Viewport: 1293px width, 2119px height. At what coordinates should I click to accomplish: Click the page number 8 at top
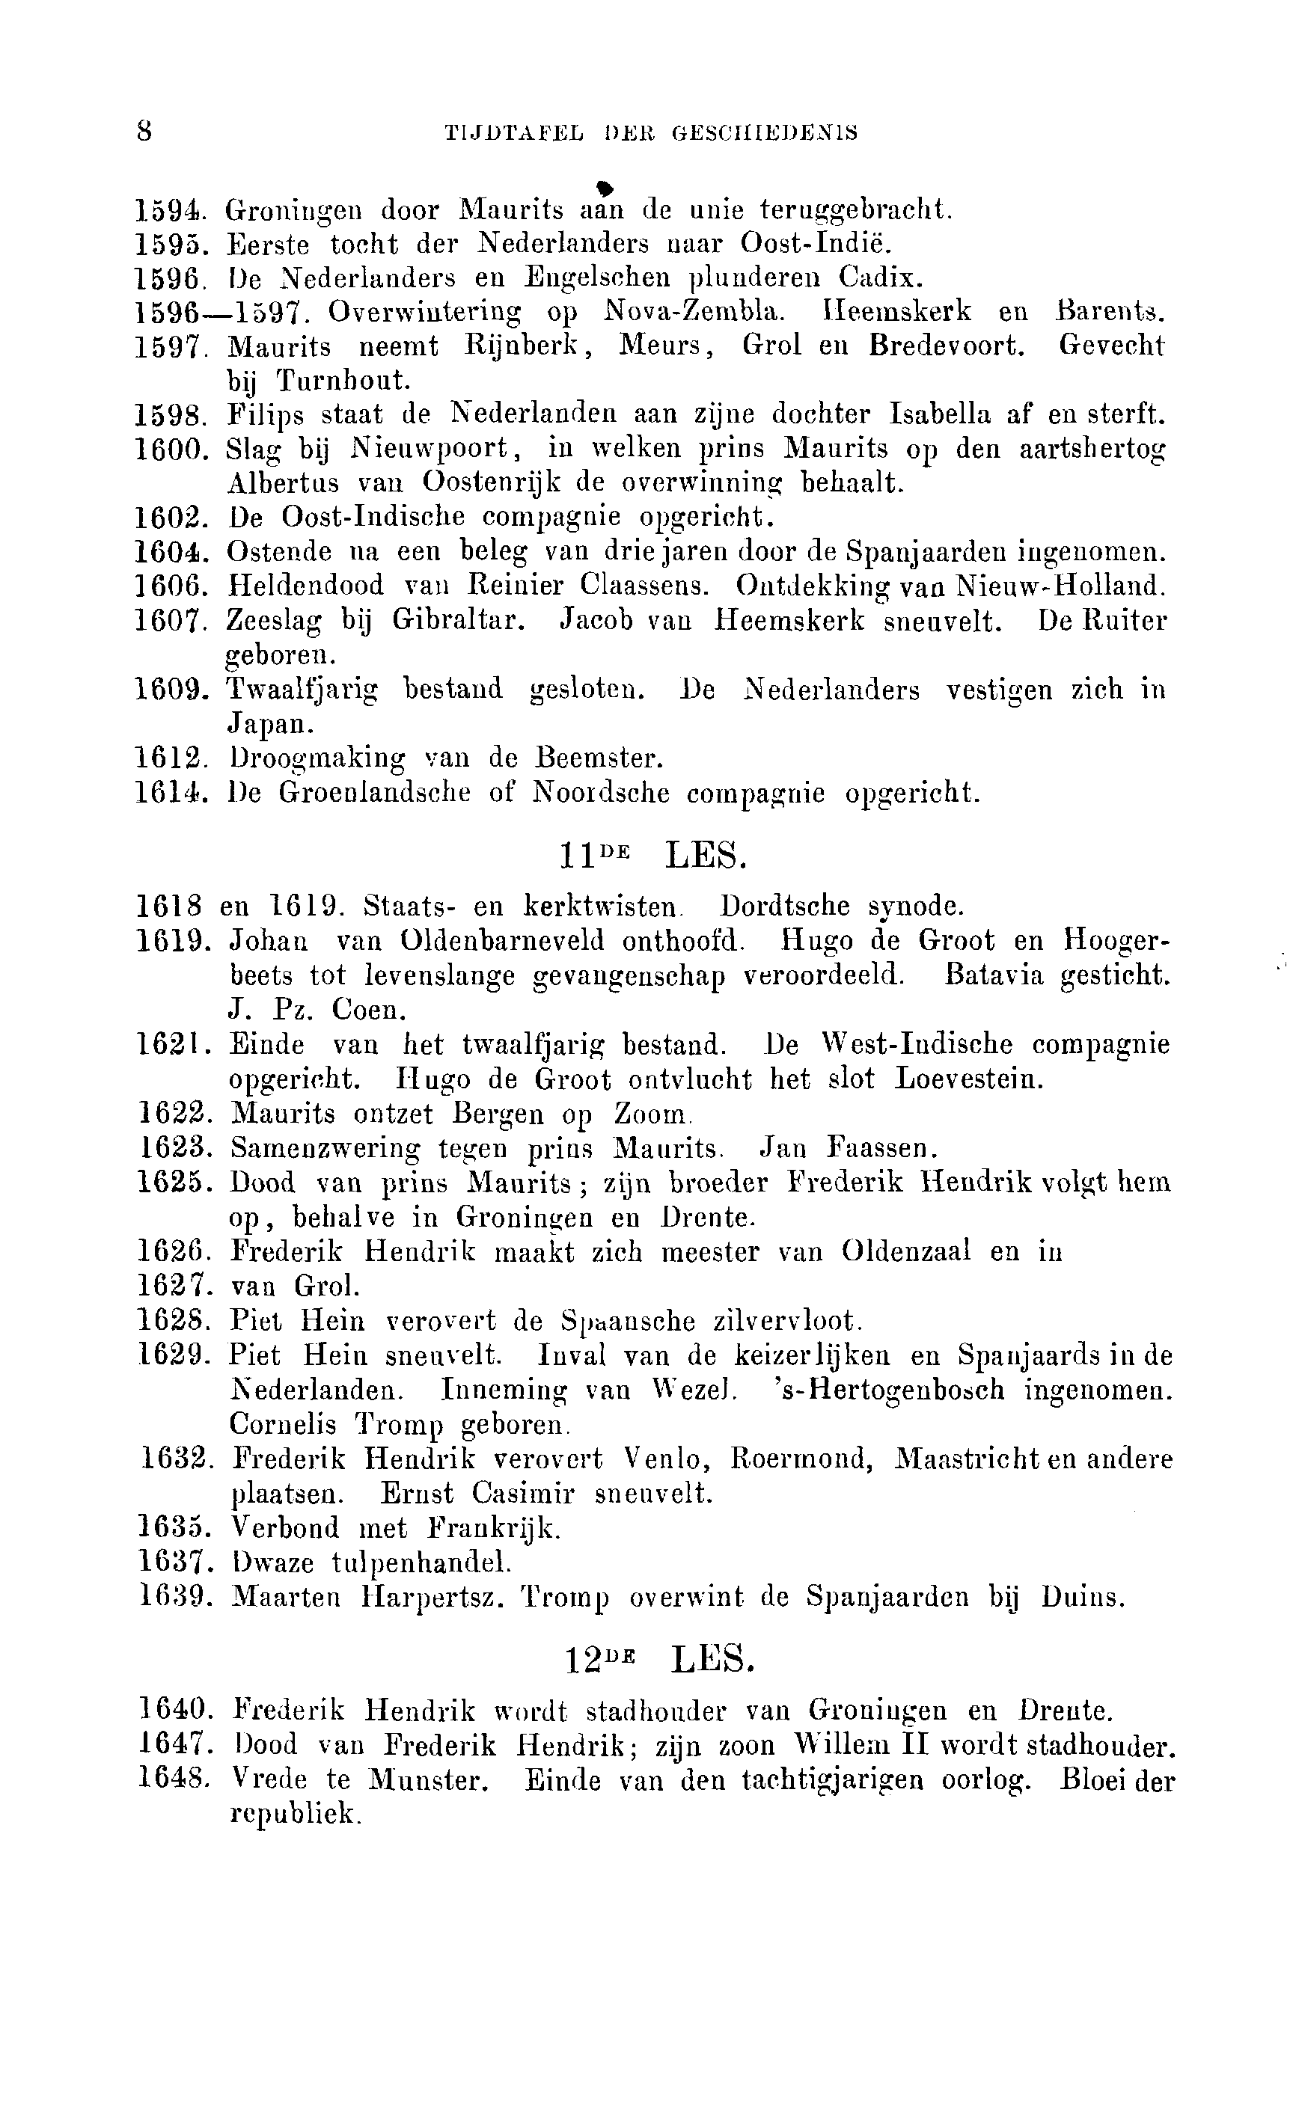pyautogui.click(x=144, y=132)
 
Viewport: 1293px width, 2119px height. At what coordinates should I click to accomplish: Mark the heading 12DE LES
pyautogui.click(x=660, y=1659)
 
